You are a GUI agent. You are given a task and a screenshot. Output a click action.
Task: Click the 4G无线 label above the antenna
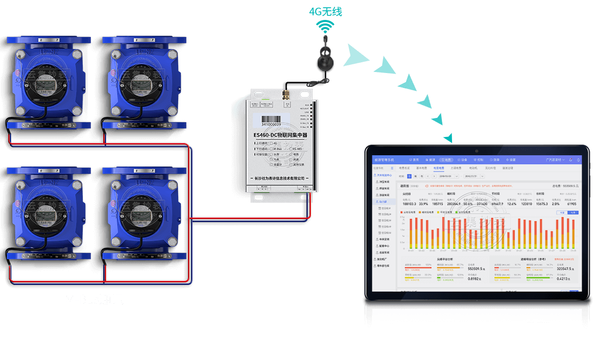click(325, 11)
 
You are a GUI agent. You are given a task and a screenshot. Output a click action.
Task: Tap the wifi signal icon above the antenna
click(325, 26)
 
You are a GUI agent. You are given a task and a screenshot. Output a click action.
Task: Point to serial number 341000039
click(271, 124)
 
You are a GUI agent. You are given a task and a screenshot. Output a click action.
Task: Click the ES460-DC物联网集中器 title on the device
click(280, 135)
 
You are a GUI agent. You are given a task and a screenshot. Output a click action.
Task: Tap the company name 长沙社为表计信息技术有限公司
click(279, 178)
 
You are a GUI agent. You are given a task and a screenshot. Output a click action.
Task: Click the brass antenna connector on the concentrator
click(286, 95)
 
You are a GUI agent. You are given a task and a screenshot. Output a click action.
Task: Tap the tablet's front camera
click(476, 151)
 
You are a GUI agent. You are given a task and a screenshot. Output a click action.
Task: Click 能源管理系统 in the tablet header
click(384, 160)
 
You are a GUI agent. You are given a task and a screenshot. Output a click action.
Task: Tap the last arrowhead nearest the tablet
click(448, 137)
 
